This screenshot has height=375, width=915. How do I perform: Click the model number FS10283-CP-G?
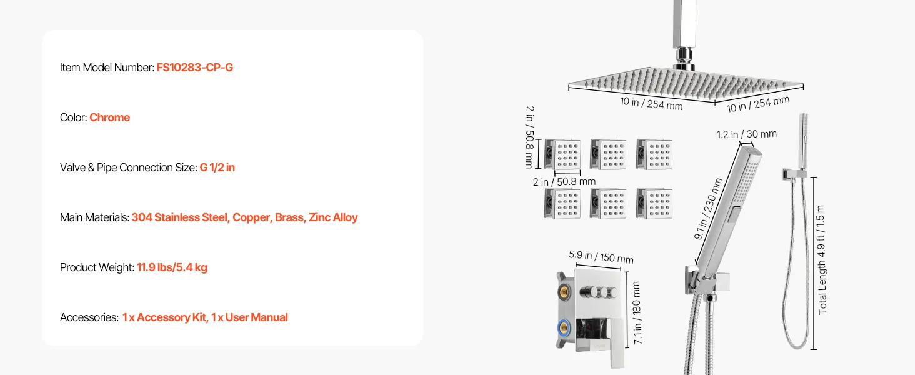tap(195, 67)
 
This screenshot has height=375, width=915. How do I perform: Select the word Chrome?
tap(109, 117)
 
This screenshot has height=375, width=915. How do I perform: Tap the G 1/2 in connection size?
tap(217, 167)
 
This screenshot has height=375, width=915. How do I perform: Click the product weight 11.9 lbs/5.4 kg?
tap(172, 267)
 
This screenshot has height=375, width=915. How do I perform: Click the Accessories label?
tap(89, 317)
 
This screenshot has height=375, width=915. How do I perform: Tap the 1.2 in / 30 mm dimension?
tap(746, 134)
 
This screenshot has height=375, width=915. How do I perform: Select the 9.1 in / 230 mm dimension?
tap(708, 206)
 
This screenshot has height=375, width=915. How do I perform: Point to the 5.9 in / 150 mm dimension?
tap(601, 257)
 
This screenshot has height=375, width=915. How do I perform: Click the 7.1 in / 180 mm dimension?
tap(637, 313)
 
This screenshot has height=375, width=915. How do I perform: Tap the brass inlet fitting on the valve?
tap(564, 290)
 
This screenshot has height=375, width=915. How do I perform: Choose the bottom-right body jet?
tap(654, 204)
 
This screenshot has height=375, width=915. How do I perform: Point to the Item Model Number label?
tap(107, 67)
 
